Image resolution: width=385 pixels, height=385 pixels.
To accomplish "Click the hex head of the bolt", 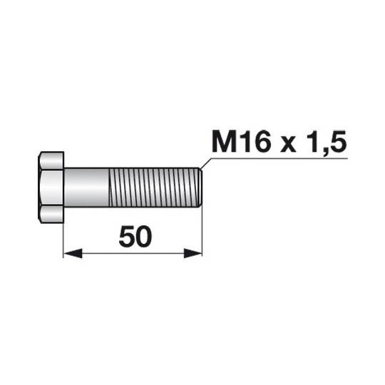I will click(x=51, y=186).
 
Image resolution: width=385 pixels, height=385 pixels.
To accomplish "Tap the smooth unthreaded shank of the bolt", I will click(x=87, y=186).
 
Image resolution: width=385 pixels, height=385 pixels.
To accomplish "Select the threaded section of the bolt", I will click(x=153, y=186).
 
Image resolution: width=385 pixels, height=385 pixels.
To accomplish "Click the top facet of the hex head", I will click(x=51, y=158).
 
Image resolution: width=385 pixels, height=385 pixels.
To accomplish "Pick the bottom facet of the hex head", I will click(x=51, y=213).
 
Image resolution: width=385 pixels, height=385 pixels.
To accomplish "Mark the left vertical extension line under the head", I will click(x=64, y=235).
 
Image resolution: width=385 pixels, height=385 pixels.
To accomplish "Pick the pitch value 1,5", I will click(x=327, y=143).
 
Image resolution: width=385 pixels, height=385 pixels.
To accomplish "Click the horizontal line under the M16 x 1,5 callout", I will click(x=285, y=159).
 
